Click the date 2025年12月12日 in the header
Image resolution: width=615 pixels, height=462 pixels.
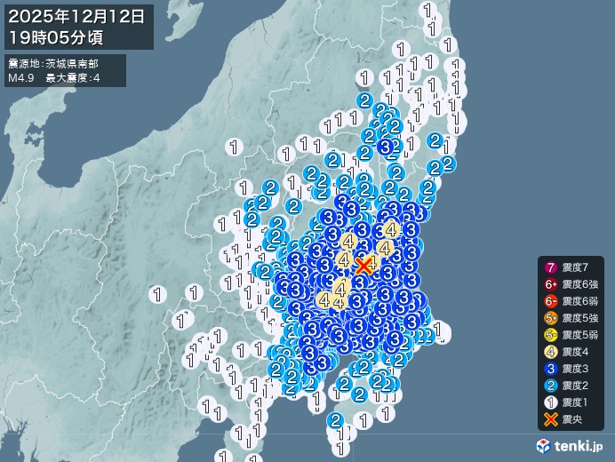(77, 16)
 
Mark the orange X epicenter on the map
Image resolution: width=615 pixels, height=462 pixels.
(363, 265)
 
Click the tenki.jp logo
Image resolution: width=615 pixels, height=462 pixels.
(571, 445)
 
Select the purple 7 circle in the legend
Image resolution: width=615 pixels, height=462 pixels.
(550, 267)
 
